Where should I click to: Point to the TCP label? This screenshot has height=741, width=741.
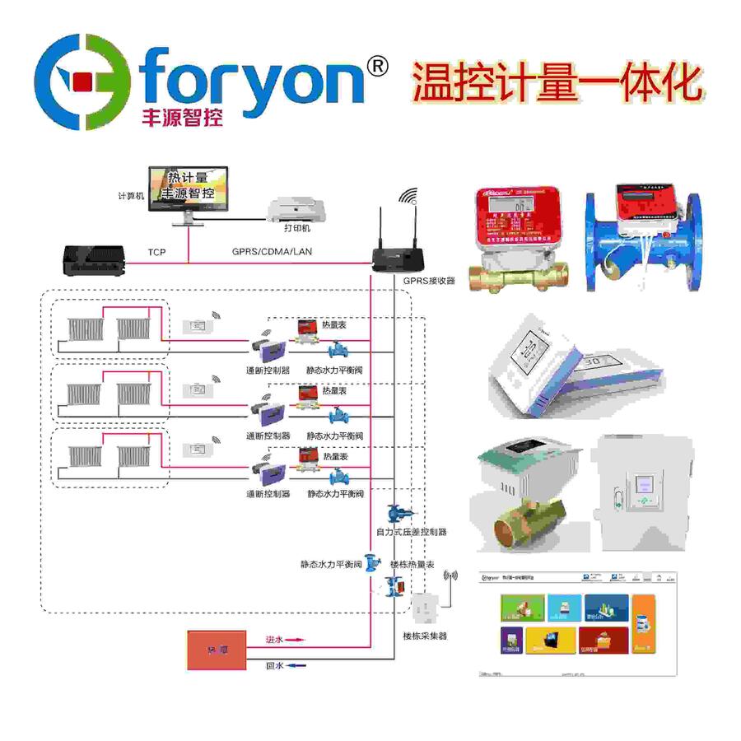[x=156, y=251]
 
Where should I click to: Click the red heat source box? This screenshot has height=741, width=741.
[x=216, y=650]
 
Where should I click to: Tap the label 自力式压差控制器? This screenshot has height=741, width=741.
[x=411, y=532]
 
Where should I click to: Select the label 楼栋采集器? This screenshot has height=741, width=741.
[x=425, y=636]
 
